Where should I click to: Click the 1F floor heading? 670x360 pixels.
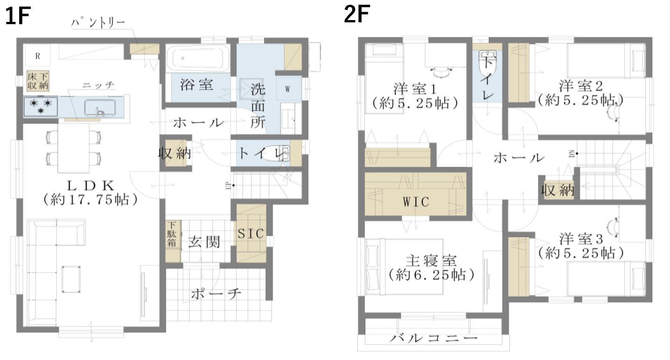tap(18, 16)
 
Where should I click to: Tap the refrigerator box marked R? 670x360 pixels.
tap(37, 55)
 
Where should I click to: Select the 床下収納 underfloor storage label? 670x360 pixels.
tap(38, 81)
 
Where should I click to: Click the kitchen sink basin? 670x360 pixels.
tap(100, 108)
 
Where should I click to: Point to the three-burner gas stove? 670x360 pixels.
tap(41, 106)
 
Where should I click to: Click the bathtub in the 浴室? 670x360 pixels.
tap(198, 58)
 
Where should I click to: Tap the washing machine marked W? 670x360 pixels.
tap(288, 89)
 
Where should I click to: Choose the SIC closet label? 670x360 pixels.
tap(251, 234)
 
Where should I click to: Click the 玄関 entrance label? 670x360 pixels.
tap(204, 242)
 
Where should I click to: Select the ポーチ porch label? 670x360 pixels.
tap(216, 294)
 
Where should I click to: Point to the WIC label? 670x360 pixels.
tap(416, 202)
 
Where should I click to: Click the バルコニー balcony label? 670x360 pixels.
tap(434, 338)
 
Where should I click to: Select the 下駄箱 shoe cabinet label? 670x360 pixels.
tap(172, 234)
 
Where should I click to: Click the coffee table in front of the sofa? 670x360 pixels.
tap(71, 279)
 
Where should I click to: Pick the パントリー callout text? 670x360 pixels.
tap(98, 23)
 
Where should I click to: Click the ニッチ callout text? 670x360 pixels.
tap(98, 85)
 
